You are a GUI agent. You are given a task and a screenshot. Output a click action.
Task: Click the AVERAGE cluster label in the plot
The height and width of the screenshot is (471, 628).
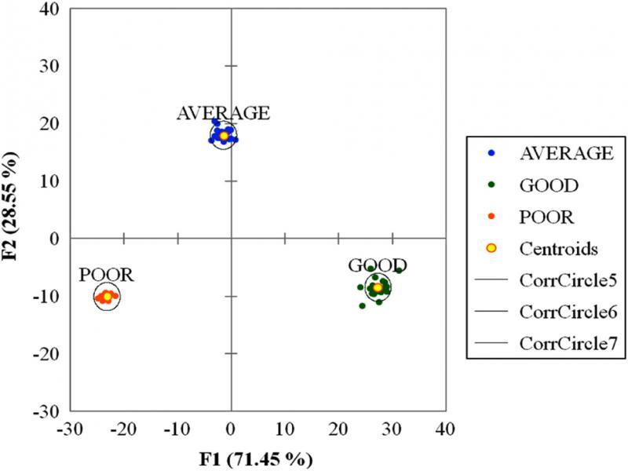point(223,113)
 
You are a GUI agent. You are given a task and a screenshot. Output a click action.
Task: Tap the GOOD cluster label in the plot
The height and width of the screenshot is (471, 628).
point(378,265)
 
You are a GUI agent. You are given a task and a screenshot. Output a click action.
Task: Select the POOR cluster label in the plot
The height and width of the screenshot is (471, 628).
point(106,276)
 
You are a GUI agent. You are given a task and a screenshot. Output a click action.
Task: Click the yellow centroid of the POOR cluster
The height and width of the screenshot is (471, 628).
point(108,297)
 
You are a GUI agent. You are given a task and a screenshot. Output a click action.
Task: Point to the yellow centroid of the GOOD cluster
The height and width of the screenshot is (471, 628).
point(378,288)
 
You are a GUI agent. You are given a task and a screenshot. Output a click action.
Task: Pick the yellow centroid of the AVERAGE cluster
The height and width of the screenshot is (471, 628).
point(224,136)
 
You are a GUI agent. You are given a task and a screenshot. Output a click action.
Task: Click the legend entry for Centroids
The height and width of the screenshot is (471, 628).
point(560,248)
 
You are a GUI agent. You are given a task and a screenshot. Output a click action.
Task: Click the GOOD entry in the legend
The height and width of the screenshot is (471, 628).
point(549,185)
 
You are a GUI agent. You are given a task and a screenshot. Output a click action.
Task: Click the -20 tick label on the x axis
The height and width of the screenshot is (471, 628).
point(122,430)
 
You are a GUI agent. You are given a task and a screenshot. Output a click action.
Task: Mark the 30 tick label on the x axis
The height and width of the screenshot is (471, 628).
point(391,430)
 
